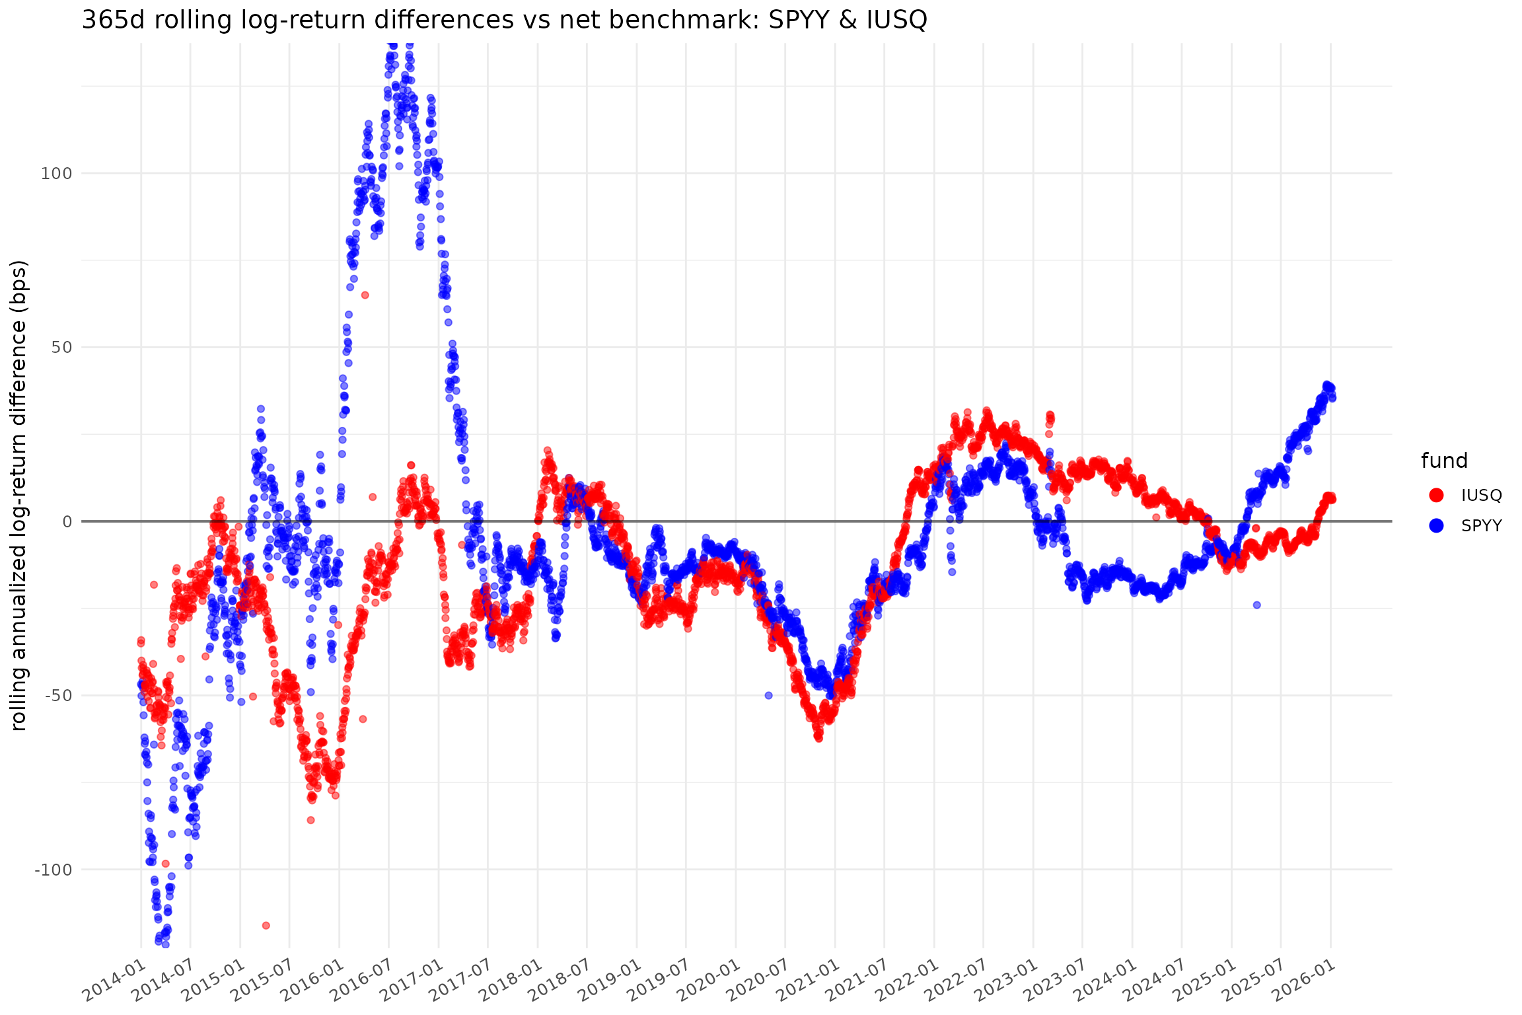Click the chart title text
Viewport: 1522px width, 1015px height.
504,20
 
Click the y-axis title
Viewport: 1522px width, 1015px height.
19,495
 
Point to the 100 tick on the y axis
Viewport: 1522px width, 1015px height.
56,174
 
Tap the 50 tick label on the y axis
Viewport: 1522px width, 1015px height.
61,348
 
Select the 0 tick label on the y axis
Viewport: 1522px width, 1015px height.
67,522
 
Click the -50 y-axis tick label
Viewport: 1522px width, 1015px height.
57,696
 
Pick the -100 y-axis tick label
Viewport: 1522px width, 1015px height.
53,870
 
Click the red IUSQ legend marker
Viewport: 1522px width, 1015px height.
1436,495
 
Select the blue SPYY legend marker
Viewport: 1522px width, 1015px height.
1436,525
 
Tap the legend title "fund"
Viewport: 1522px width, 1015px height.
1444,461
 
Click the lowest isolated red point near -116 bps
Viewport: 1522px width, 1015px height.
266,925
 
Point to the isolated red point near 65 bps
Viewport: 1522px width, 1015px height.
365,295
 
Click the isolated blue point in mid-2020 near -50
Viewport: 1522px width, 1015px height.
768,695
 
